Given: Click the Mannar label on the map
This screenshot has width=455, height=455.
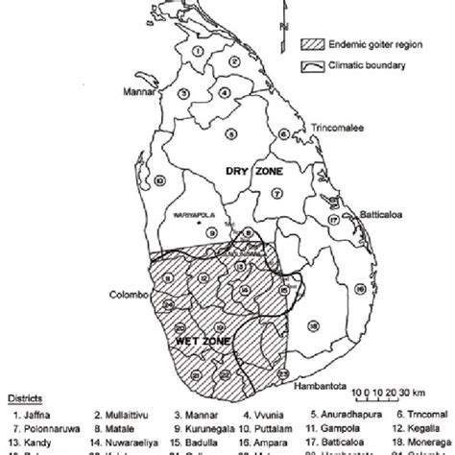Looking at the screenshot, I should [138, 93].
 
